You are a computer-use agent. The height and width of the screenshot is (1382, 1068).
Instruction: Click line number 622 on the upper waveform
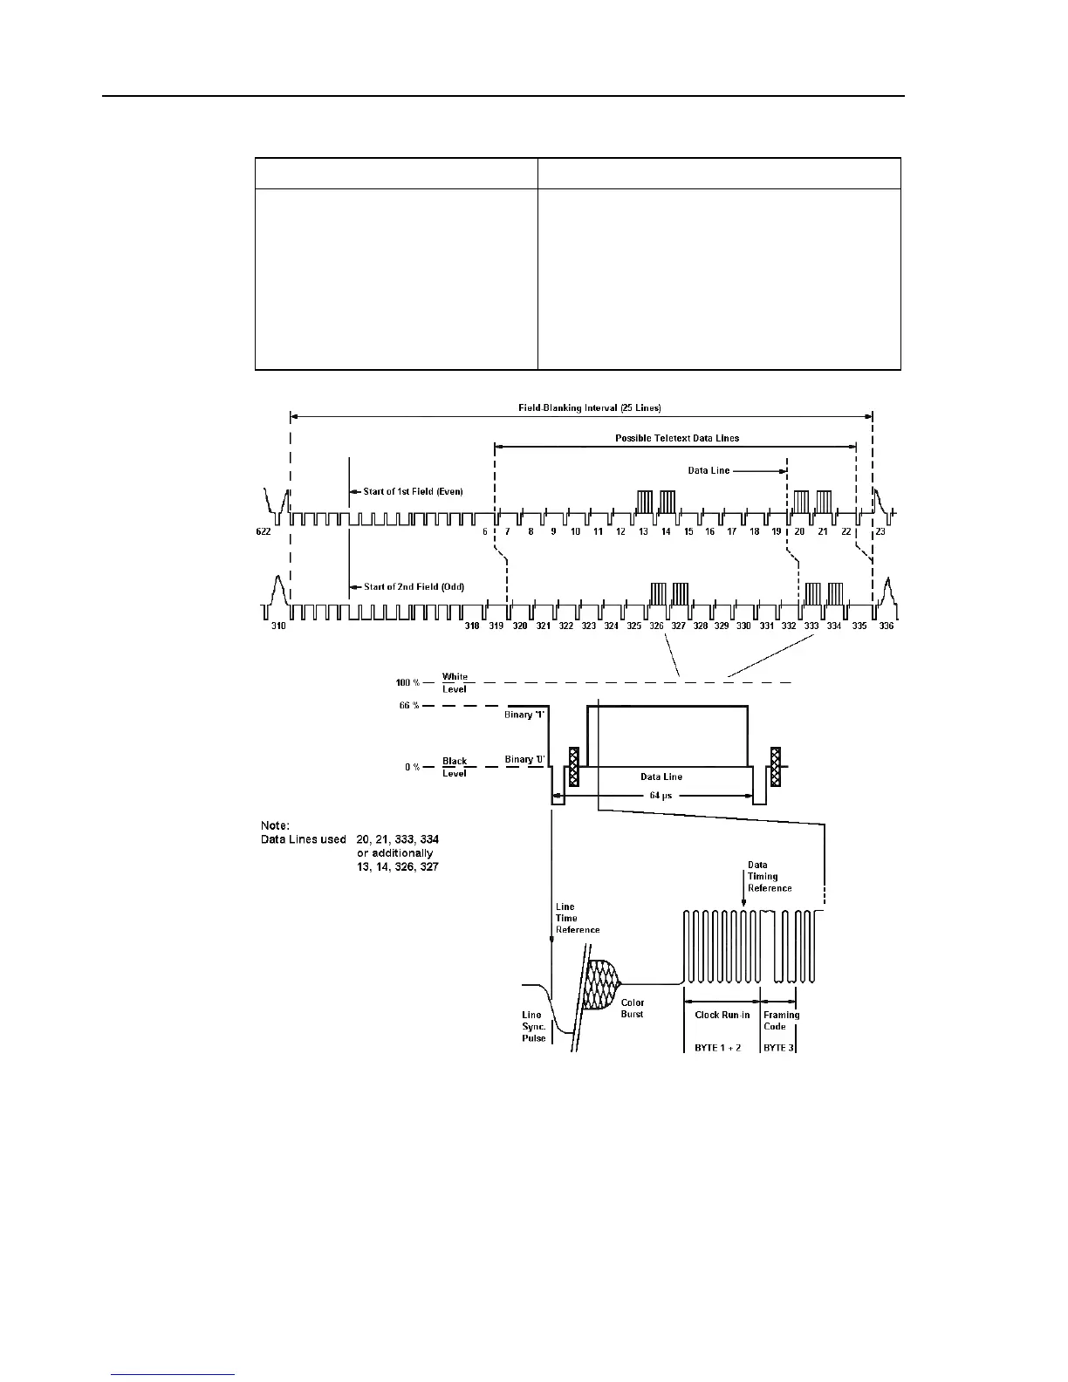point(264,531)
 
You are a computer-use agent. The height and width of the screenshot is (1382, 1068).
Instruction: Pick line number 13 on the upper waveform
point(643,531)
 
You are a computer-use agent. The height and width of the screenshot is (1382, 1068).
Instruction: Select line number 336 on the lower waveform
point(887,626)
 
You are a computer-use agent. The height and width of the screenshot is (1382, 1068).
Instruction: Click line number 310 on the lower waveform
point(277,626)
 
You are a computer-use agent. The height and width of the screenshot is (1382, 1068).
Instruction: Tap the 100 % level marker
point(407,682)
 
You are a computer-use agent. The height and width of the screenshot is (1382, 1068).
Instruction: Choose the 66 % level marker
point(409,706)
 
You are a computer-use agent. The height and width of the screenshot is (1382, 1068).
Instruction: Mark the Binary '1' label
point(524,715)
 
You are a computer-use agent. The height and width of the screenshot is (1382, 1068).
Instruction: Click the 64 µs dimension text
point(661,795)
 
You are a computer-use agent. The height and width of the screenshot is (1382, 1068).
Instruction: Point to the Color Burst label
point(633,1009)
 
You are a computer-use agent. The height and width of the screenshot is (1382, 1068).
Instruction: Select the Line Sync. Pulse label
point(533,1026)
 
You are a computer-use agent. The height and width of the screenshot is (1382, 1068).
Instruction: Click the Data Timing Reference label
point(770,877)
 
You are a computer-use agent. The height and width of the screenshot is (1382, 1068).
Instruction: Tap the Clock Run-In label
point(722,1015)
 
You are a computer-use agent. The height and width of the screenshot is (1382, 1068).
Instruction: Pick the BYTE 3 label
point(778,1048)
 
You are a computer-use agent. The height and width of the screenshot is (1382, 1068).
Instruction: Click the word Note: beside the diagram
point(277,824)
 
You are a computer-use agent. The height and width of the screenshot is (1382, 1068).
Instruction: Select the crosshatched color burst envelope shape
point(601,985)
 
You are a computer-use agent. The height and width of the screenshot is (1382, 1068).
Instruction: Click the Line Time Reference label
point(577,918)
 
